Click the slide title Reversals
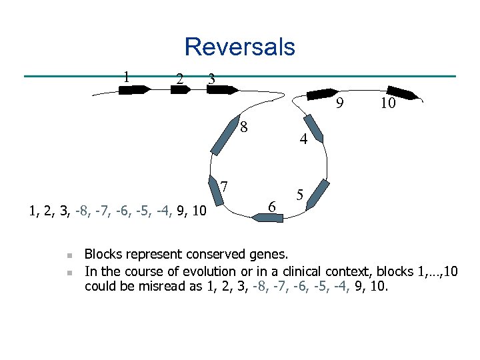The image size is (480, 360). pyautogui.click(x=239, y=47)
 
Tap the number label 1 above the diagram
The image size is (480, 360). pyautogui.click(x=126, y=75)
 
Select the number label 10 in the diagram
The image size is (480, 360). pyautogui.click(x=389, y=103)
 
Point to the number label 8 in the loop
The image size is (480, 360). pyautogui.click(x=245, y=127)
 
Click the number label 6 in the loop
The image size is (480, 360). pyautogui.click(x=271, y=207)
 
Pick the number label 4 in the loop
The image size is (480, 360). pyautogui.click(x=303, y=140)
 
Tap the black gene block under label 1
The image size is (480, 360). pyautogui.click(x=134, y=90)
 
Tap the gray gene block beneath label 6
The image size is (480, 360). pyautogui.click(x=269, y=217)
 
